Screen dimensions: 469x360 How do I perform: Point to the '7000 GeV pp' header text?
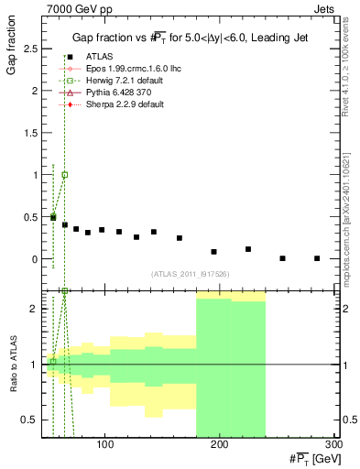(74, 8)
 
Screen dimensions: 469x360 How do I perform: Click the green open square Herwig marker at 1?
(64, 174)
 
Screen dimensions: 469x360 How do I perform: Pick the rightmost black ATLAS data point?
(317, 258)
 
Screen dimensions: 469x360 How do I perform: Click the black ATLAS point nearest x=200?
(213, 252)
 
